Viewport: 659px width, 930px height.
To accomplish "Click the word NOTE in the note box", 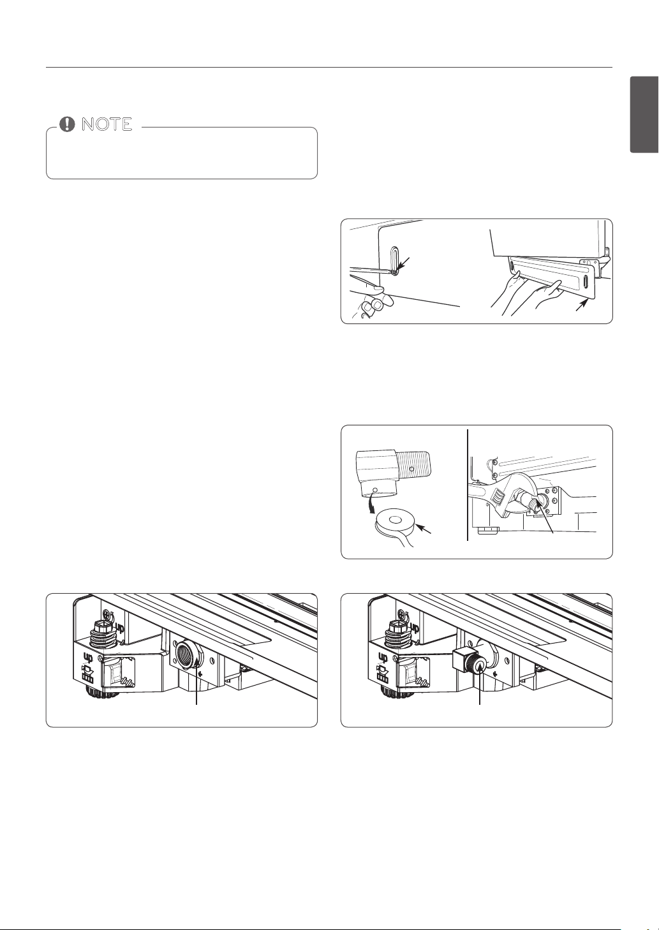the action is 107,124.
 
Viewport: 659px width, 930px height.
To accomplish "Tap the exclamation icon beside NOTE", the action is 67,124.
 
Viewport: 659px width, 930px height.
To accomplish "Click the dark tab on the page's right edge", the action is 644,115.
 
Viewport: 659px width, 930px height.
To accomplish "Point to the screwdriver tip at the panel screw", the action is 393,272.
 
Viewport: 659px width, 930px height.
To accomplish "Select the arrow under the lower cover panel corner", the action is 582,307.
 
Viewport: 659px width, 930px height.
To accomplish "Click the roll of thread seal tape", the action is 395,526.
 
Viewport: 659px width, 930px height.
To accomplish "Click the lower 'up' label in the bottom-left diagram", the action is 88,658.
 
